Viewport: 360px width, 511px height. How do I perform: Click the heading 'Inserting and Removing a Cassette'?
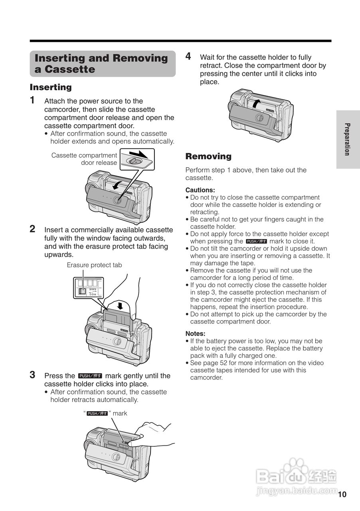pyautogui.click(x=102, y=63)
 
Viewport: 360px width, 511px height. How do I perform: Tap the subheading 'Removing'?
pyautogui.click(x=208, y=156)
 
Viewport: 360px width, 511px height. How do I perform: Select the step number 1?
pyautogui.click(x=33, y=100)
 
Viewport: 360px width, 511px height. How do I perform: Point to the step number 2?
pyautogui.click(x=33, y=229)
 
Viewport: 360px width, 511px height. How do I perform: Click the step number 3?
pyautogui.click(x=33, y=374)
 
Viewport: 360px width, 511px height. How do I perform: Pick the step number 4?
pyautogui.click(x=188, y=56)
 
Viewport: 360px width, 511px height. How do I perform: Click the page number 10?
pyautogui.click(x=342, y=495)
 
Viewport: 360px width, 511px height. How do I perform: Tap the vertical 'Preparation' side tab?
pyautogui.click(x=348, y=139)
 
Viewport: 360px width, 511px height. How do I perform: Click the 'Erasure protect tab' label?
pyautogui.click(x=94, y=265)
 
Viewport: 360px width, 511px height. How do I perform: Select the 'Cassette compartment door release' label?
pyautogui.click(x=84, y=159)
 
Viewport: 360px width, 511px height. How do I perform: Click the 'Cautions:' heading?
pyautogui.click(x=200, y=190)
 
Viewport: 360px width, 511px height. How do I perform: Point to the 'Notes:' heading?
pyautogui.click(x=195, y=334)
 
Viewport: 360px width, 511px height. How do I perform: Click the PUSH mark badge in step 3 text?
pyautogui.click(x=90, y=376)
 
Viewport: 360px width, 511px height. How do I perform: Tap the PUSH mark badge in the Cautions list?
pyautogui.click(x=256, y=241)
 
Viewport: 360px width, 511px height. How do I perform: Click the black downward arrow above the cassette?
pyautogui.click(x=119, y=305)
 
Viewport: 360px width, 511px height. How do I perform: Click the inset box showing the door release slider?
pyautogui.click(x=137, y=159)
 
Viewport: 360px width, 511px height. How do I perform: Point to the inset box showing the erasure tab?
pyautogui.click(x=89, y=287)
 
